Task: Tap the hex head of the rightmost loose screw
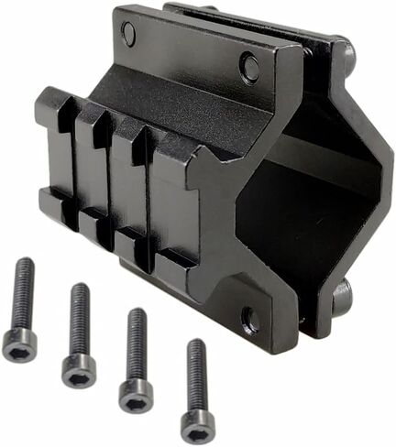pyautogui.click(x=196, y=426)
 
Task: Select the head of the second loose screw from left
pyautogui.click(x=79, y=371)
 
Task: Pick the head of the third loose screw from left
pyautogui.click(x=136, y=395)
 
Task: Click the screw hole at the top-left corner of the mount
pyautogui.click(x=128, y=34)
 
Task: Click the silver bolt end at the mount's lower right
pyautogui.click(x=342, y=295)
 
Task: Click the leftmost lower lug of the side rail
pyautogui.click(x=52, y=203)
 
